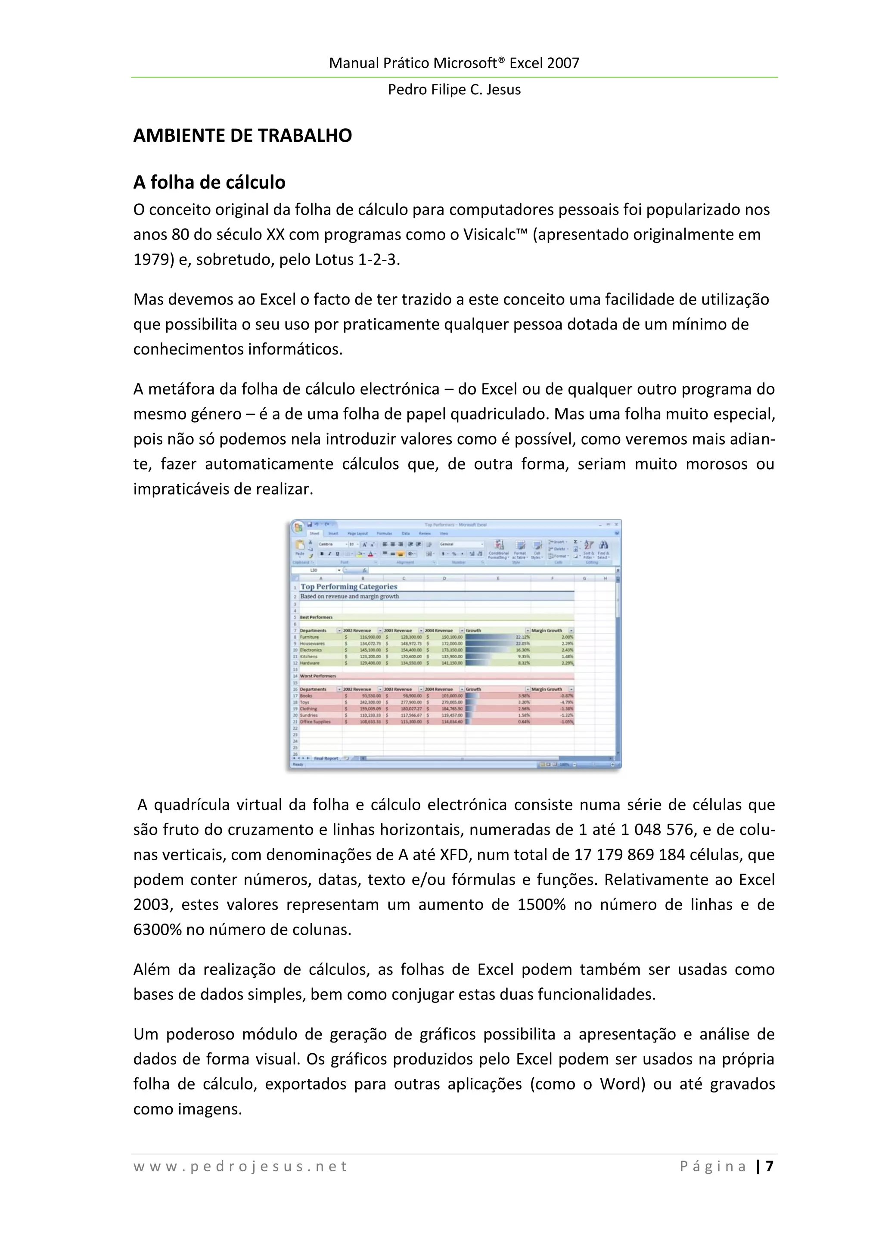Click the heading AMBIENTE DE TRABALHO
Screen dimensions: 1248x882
[x=242, y=135]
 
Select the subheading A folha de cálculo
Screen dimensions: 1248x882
[x=209, y=182]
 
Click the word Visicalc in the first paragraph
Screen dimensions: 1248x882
[x=494, y=234]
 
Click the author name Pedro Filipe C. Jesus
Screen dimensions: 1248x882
[x=454, y=89]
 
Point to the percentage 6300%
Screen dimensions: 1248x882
[x=157, y=930]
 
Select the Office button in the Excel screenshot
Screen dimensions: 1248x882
[x=298, y=527]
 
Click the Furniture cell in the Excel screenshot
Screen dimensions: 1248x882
[x=310, y=637]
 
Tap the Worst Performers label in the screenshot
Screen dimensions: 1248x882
[x=318, y=676]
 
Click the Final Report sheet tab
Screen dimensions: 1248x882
[x=326, y=758]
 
